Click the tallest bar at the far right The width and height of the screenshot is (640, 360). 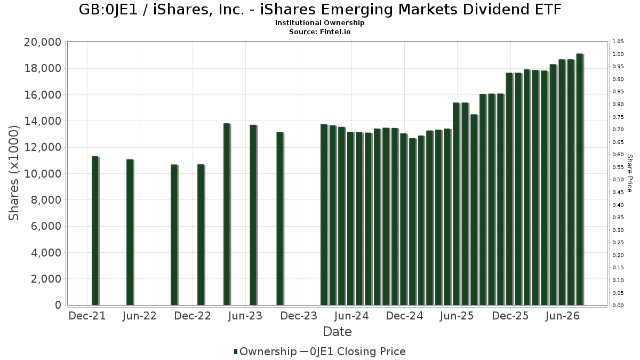click(580, 179)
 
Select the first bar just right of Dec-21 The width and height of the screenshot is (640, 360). click(95, 231)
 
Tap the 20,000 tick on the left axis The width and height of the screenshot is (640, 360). click(43, 42)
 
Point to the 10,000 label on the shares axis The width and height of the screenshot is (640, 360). click(43, 174)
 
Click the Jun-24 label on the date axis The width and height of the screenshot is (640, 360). click(351, 316)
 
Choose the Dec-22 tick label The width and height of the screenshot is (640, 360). click(193, 316)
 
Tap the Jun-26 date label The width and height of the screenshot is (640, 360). click(562, 316)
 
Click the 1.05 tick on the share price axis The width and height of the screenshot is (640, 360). click(618, 42)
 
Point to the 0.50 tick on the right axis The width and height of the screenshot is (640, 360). click(618, 180)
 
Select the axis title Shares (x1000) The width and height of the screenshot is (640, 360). click(13, 173)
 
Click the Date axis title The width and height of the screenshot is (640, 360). click(337, 332)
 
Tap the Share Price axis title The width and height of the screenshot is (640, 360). click(629, 173)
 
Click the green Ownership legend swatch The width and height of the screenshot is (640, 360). click(236, 351)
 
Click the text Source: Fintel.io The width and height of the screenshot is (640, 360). click(319, 31)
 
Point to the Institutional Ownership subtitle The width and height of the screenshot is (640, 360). click(319, 23)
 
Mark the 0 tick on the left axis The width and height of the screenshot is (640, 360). click(58, 305)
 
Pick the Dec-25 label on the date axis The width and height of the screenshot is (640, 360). click(510, 316)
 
